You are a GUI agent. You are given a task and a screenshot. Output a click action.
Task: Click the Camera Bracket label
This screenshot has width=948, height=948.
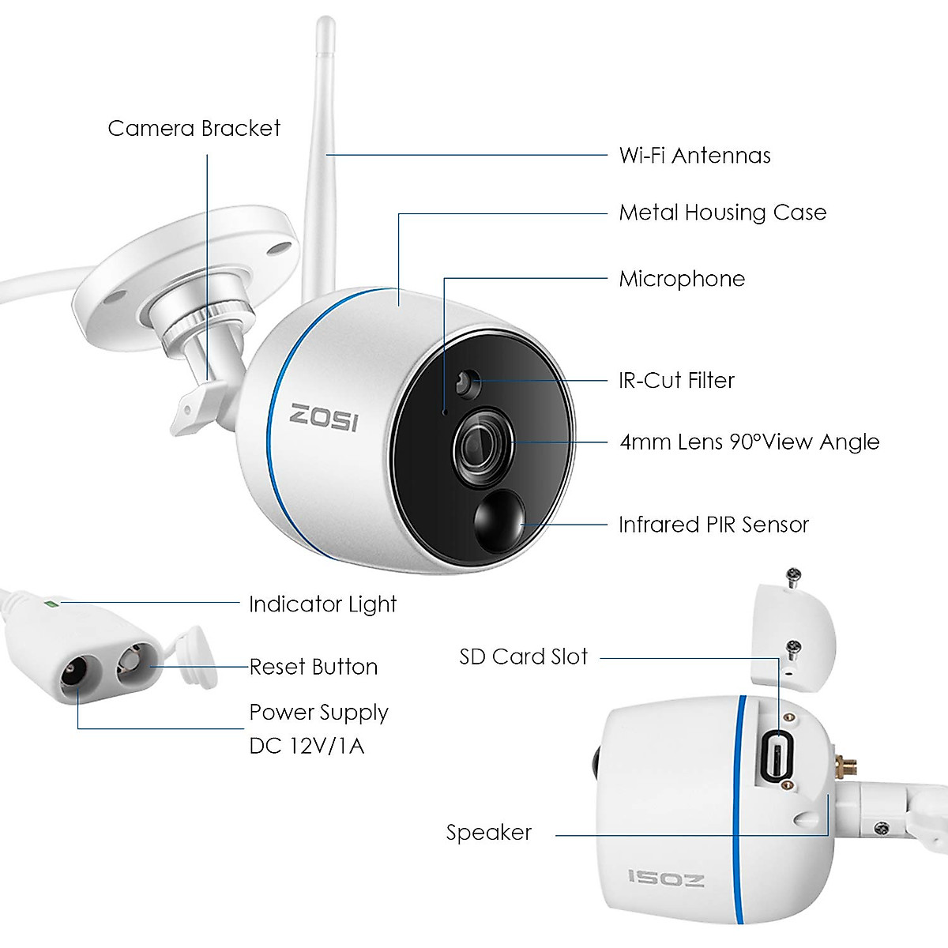194,129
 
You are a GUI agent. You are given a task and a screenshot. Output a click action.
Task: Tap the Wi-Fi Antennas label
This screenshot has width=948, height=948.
694,156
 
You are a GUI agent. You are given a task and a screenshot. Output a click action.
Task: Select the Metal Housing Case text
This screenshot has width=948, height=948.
722,213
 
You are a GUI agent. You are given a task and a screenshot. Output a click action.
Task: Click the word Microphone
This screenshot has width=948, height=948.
682,279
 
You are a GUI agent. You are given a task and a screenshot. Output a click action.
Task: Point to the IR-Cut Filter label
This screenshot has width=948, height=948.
676,381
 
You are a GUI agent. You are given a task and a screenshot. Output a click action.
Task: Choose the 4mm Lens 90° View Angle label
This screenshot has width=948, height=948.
749,442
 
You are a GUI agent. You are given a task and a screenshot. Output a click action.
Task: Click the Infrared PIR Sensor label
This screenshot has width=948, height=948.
713,525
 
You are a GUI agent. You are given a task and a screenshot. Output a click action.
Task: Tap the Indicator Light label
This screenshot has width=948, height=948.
322,604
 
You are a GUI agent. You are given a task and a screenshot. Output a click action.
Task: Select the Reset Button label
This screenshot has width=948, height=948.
314,668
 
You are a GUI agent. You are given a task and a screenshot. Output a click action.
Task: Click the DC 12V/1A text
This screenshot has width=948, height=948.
307,746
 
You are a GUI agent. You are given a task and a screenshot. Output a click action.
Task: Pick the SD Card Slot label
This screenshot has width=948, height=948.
523,657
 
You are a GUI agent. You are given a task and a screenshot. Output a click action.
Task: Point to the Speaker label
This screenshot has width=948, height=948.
488,833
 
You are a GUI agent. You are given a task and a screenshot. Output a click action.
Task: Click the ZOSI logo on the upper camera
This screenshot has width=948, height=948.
323,417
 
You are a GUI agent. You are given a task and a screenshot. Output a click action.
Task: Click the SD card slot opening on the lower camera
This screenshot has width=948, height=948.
777,754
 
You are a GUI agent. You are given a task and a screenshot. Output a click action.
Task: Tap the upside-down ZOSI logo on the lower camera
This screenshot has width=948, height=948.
666,877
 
